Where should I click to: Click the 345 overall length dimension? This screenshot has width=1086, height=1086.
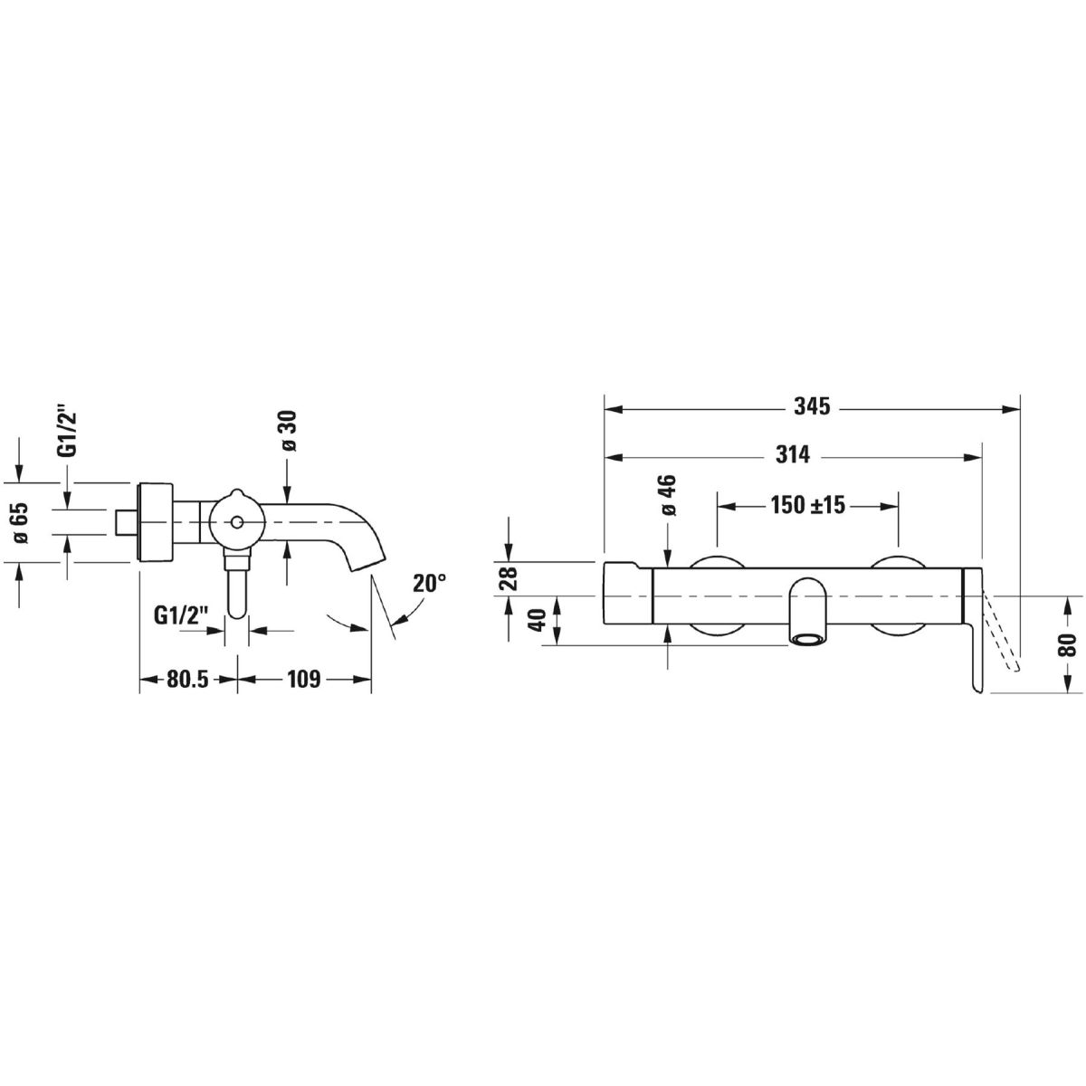(x=813, y=407)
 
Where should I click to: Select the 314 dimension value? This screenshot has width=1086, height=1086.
(x=793, y=455)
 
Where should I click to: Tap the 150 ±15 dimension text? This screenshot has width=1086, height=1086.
(x=807, y=505)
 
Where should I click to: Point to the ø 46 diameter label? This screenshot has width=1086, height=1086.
(x=669, y=494)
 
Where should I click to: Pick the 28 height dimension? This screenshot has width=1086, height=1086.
(x=508, y=576)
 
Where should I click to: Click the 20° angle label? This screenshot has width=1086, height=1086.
(x=430, y=584)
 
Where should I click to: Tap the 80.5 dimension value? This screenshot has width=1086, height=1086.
(x=188, y=679)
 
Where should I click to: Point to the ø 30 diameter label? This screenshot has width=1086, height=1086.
(x=288, y=432)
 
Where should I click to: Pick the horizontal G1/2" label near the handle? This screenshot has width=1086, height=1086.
(x=182, y=615)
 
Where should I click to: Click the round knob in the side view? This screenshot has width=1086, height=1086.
(x=236, y=522)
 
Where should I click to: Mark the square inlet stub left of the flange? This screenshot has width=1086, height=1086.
(x=127, y=522)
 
